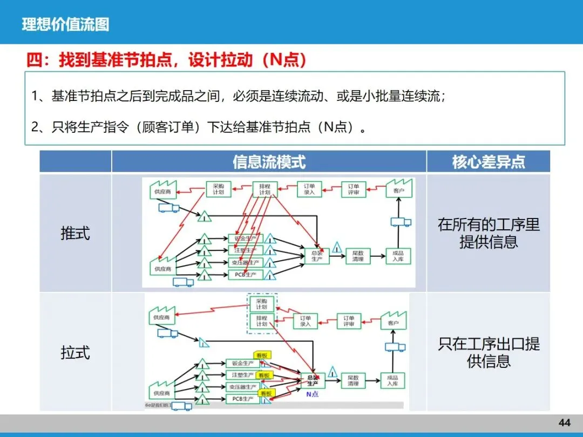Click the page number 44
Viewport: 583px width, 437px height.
point(564,422)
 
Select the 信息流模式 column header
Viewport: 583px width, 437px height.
point(269,162)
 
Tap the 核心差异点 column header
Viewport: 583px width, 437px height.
point(489,162)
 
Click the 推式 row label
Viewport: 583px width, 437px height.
point(75,233)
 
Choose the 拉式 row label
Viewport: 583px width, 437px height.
point(75,353)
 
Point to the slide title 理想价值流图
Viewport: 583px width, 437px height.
point(65,24)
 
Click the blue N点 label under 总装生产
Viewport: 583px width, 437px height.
point(312,394)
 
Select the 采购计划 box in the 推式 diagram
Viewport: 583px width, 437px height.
point(218,189)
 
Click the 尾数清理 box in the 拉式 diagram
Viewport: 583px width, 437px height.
point(353,380)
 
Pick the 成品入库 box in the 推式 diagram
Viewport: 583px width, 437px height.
point(398,256)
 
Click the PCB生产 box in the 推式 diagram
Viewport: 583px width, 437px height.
point(245,275)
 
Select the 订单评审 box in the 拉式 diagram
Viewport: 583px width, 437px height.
point(349,321)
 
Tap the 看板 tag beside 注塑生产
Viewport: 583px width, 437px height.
point(263,375)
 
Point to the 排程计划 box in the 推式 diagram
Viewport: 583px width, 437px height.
point(265,189)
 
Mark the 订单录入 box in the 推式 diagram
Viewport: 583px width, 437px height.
point(309,189)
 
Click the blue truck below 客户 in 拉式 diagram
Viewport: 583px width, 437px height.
point(395,347)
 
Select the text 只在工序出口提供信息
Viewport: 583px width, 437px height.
point(489,353)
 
